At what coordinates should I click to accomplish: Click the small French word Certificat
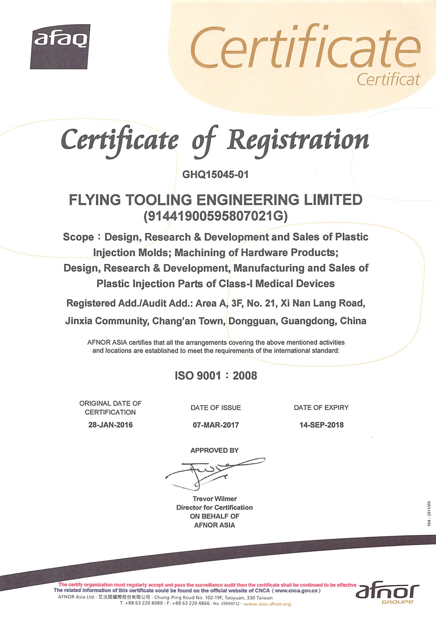coord(388,80)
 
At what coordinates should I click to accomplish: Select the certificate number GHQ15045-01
coord(215,175)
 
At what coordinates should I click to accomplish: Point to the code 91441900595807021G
coord(216,216)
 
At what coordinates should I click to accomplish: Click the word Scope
coord(79,237)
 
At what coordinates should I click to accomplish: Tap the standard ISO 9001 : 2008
coord(216,375)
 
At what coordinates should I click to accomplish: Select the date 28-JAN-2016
coord(110,425)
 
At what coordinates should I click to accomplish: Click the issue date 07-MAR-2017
coord(216,425)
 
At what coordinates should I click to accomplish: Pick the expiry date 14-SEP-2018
coord(321,425)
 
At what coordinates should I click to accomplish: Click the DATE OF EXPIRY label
coord(321,408)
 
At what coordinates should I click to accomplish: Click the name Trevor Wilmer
coord(214,499)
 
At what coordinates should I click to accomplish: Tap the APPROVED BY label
coord(214,450)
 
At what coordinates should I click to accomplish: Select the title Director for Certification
coord(214,508)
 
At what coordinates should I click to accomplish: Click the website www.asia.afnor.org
coord(267,604)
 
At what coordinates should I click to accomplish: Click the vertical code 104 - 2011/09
coord(429,514)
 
